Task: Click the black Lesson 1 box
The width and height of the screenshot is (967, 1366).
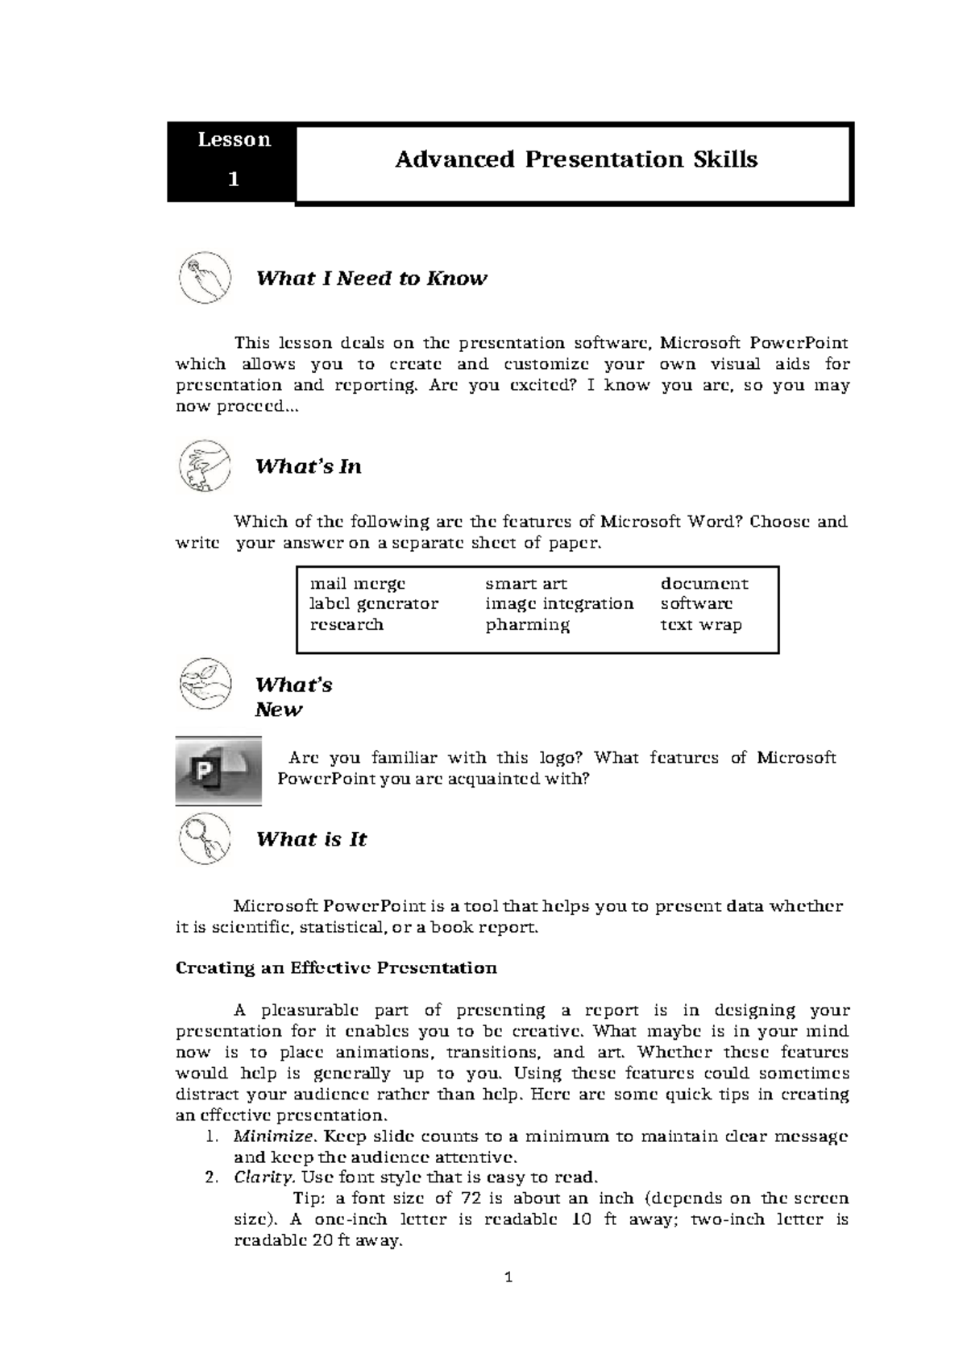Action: pos(231,160)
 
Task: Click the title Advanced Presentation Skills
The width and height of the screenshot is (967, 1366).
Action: pos(575,159)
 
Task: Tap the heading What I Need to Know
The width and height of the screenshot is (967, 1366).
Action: pos(371,279)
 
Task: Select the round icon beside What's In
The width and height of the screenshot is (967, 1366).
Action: pos(204,466)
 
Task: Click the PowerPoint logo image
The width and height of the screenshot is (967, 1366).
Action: pos(218,771)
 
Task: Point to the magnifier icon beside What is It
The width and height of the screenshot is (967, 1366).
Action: pos(204,838)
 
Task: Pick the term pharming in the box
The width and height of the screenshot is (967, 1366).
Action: pos(527,624)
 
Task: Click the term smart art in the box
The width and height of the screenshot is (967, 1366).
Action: pos(525,583)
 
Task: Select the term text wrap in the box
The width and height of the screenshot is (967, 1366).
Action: pos(701,624)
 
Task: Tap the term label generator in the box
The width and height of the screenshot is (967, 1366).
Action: pos(374,603)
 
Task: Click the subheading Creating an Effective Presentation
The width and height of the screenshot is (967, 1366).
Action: pos(336,967)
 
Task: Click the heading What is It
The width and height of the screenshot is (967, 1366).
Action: pos(311,839)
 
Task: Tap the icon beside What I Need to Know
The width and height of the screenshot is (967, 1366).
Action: pos(204,277)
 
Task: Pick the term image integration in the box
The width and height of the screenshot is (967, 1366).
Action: pos(559,603)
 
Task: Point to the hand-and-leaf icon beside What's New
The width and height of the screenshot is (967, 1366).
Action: pos(204,684)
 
